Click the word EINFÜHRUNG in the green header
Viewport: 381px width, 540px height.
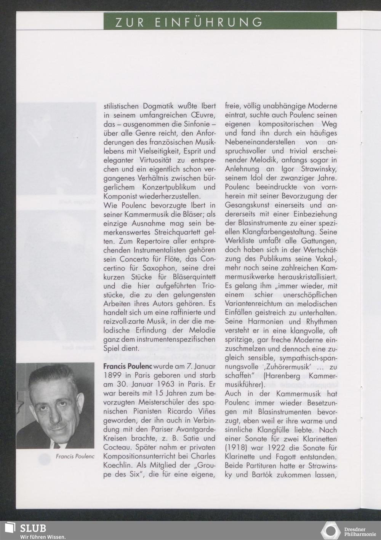click(x=209, y=22)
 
